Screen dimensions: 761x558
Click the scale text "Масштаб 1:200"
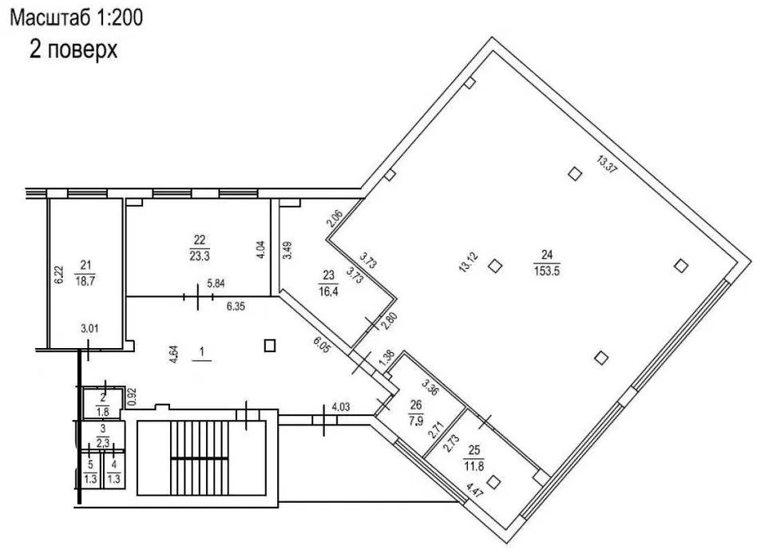[77, 18]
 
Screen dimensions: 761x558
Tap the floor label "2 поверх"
[73, 49]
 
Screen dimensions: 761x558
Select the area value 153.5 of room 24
[547, 271]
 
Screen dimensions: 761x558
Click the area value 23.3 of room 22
[200, 255]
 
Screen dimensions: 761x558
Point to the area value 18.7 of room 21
[85, 281]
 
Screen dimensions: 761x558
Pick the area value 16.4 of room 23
[328, 291]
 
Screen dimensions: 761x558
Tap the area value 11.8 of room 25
[474, 467]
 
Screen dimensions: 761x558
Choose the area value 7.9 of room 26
[416, 420]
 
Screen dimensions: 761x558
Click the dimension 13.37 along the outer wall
[607, 164]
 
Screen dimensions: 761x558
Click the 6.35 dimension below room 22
[236, 307]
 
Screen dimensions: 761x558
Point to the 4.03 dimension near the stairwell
[341, 406]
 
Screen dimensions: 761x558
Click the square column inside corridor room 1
[270, 345]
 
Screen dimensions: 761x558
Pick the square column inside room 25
[494, 482]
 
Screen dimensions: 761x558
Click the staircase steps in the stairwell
[200, 458]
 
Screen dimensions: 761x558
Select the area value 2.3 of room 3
[102, 442]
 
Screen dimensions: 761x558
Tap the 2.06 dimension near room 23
[335, 218]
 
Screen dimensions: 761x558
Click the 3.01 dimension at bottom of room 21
[89, 328]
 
